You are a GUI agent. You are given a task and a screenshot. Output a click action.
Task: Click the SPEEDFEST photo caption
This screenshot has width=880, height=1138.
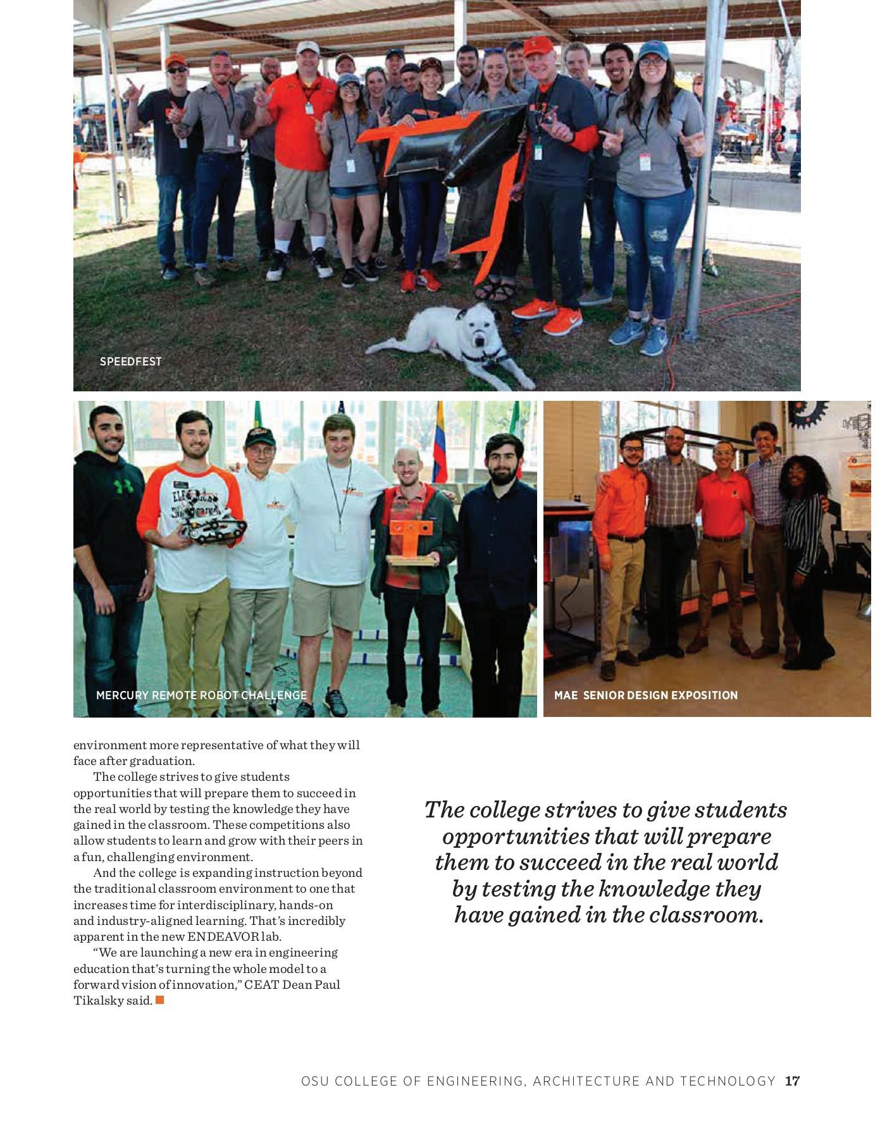(131, 362)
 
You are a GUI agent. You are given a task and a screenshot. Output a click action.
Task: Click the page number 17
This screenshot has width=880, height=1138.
(793, 1081)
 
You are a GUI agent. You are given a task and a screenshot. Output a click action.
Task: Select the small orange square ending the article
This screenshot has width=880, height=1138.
(160, 1000)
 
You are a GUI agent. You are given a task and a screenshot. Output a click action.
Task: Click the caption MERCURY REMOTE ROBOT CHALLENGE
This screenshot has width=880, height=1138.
(201, 695)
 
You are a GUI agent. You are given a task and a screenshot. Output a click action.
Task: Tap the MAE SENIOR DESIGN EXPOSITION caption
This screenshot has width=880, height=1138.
(646, 695)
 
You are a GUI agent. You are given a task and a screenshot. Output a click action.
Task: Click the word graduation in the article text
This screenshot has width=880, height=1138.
(162, 761)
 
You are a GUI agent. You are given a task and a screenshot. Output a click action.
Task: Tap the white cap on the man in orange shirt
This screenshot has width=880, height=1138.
(307, 47)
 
